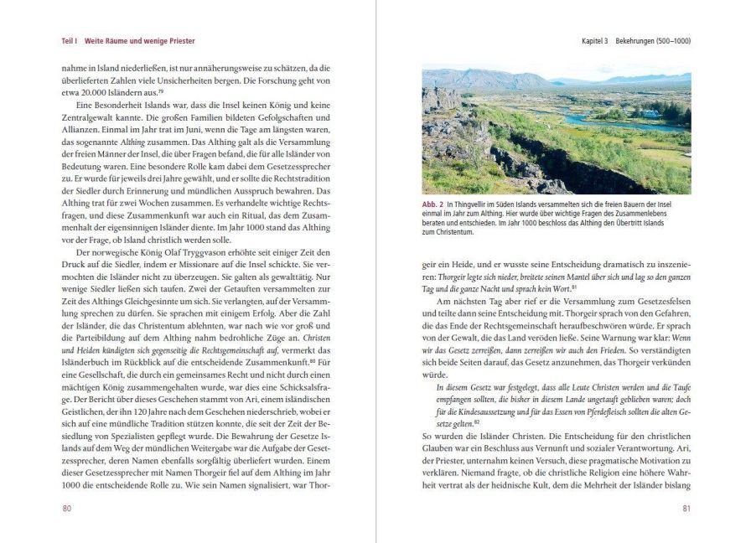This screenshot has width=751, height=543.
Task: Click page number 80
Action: [68, 508]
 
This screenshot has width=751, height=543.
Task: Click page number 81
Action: [686, 508]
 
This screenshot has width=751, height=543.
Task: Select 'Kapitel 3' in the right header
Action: [598, 41]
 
